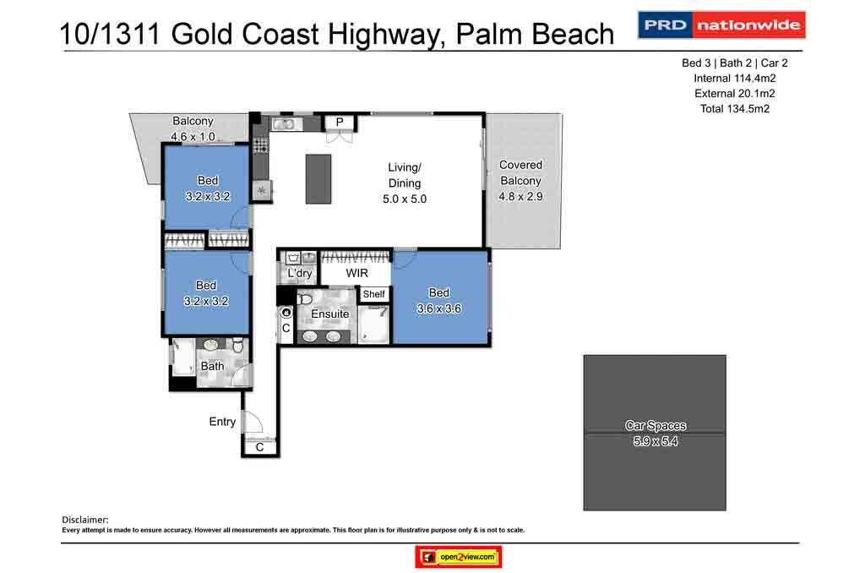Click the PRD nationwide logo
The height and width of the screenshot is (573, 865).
pos(721,25)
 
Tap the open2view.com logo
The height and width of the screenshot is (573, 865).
pos(459,558)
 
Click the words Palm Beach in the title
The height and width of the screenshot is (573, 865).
pos(534,34)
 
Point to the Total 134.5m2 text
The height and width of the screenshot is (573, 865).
pos(734,109)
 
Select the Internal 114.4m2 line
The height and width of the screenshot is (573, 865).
pos(734,78)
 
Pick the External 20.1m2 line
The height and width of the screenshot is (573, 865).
pos(734,93)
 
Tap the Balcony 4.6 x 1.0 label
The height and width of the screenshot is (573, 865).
pos(193,128)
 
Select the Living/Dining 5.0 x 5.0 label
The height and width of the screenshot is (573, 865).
pos(404,183)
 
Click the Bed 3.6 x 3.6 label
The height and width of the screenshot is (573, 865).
pos(439,301)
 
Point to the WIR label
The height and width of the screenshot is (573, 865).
pos(356,274)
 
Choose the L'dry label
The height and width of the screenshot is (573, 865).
pos(299,274)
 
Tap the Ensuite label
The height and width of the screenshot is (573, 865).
pos(329,314)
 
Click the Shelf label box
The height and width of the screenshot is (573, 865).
pos(374,294)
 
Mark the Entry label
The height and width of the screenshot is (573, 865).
pos(223,422)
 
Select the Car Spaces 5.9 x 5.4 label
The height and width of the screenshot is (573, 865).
pos(655,433)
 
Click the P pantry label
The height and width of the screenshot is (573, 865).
pos(340,123)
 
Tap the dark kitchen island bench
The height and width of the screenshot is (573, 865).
pos(318,178)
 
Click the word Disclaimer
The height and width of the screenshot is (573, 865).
pos(85,519)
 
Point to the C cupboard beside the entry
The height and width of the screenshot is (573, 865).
pos(259,448)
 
